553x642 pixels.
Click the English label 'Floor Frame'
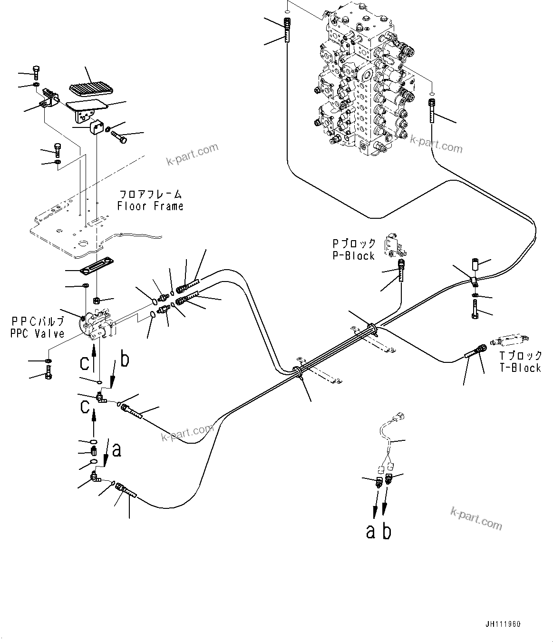(x=150, y=206)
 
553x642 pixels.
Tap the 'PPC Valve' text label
(x=37, y=334)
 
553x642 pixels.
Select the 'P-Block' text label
(x=353, y=256)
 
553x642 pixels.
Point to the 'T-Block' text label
(x=520, y=368)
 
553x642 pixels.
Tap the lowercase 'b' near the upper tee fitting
(x=124, y=359)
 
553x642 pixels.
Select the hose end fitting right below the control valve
(x=431, y=112)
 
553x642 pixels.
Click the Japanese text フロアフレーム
(x=150, y=194)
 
